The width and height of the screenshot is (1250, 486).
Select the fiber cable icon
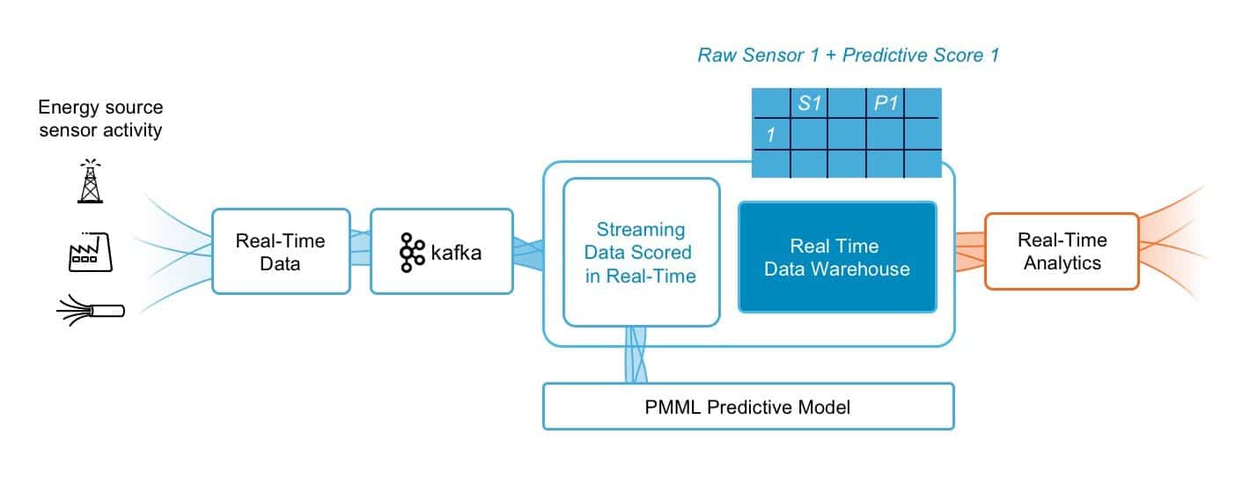pos(92,309)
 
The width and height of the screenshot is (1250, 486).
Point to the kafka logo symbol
pos(411,253)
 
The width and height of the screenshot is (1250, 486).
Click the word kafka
pos(457,253)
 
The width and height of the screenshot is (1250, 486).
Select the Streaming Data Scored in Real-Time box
pos(641,253)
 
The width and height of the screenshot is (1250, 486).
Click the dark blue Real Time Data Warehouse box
pos(836,257)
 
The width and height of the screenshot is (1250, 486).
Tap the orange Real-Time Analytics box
pos(1062,251)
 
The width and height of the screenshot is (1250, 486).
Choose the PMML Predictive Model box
pos(748,407)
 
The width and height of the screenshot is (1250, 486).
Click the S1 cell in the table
pos(809,104)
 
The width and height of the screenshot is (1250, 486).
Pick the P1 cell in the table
pos(885,104)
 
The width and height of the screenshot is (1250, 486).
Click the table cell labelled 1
pos(770,135)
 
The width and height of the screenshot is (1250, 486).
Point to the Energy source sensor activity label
pos(100,120)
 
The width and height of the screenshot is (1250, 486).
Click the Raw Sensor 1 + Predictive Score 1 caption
pos(848,55)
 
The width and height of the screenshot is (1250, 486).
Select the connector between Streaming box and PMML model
pos(636,356)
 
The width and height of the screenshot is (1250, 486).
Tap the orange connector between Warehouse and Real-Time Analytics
pos(969,251)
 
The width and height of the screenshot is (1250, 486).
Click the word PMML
pos(674,408)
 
